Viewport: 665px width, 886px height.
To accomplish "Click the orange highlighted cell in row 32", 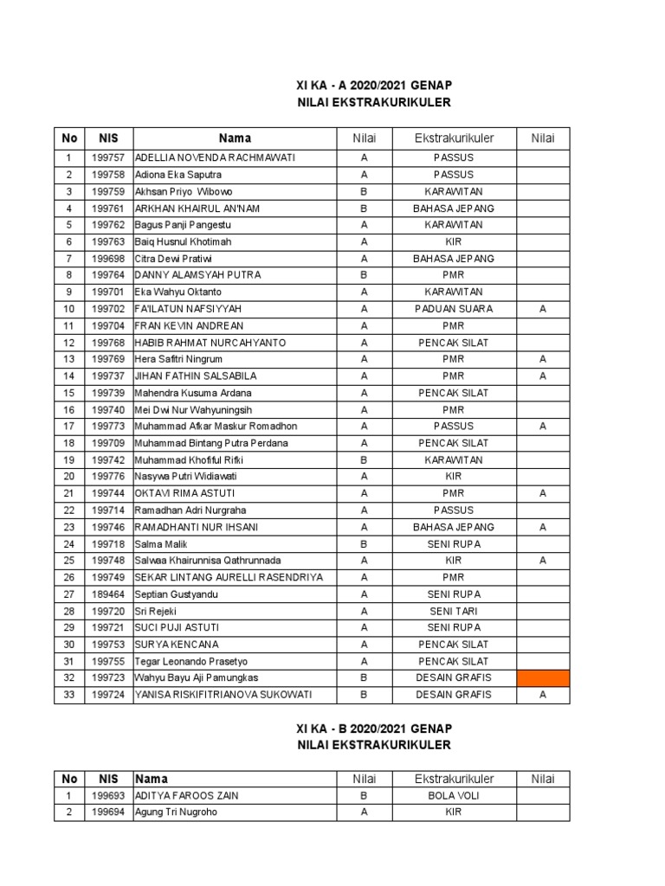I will click(x=543, y=677).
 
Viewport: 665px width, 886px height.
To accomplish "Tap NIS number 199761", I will click(x=108, y=209).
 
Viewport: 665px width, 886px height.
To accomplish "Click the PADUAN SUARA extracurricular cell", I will click(x=454, y=309).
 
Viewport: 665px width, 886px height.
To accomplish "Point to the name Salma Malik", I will click(x=161, y=543).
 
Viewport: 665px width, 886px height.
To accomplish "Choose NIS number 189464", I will click(x=108, y=594).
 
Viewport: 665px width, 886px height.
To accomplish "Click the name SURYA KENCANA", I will click(x=177, y=645).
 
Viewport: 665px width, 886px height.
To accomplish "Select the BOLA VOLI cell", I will click(x=454, y=795).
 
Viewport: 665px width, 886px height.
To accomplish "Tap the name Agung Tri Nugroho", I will click(x=176, y=812).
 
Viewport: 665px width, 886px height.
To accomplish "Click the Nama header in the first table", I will click(x=235, y=138).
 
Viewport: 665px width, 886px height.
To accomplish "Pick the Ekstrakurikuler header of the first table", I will click(x=454, y=138).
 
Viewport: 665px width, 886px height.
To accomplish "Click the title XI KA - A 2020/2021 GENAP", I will click(x=374, y=85).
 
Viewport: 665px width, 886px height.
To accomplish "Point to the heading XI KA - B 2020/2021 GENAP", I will click(x=374, y=728).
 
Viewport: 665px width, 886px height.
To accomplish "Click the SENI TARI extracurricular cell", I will click(x=454, y=611).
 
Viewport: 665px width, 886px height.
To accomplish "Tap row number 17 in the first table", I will click(x=69, y=427).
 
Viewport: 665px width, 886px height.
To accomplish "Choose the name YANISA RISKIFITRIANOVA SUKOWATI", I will click(x=223, y=695).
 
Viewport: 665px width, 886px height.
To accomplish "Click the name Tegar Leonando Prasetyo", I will click(x=190, y=661).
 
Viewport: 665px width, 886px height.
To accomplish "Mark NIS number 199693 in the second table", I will click(x=108, y=795).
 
